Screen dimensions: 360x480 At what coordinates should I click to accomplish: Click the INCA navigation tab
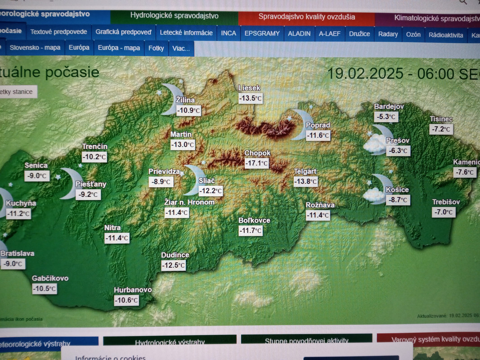[x=229, y=33]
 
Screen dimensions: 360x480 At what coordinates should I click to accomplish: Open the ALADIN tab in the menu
[x=299, y=33]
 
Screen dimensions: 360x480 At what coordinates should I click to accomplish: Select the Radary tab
[x=388, y=34]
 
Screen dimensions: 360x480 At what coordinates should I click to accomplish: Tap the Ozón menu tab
[x=413, y=34]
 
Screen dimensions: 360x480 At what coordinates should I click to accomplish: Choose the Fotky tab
[x=157, y=48]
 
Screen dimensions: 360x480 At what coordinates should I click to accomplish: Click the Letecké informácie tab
[x=186, y=32]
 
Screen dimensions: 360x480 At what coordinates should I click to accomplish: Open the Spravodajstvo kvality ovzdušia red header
[x=306, y=17]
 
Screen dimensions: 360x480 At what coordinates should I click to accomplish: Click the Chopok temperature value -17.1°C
[x=256, y=163]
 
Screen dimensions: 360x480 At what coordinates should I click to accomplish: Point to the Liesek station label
[x=249, y=88]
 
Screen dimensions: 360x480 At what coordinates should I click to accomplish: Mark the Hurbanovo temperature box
[x=126, y=300]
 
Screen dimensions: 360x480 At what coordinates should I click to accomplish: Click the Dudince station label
[x=175, y=255]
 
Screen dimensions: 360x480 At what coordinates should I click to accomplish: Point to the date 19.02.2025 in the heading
[x=365, y=73]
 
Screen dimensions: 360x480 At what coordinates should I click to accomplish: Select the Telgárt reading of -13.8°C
[x=305, y=181]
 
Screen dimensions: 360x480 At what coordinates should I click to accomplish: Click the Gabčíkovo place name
[x=50, y=278]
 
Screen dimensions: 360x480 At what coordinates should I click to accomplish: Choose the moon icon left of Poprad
[x=298, y=125]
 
